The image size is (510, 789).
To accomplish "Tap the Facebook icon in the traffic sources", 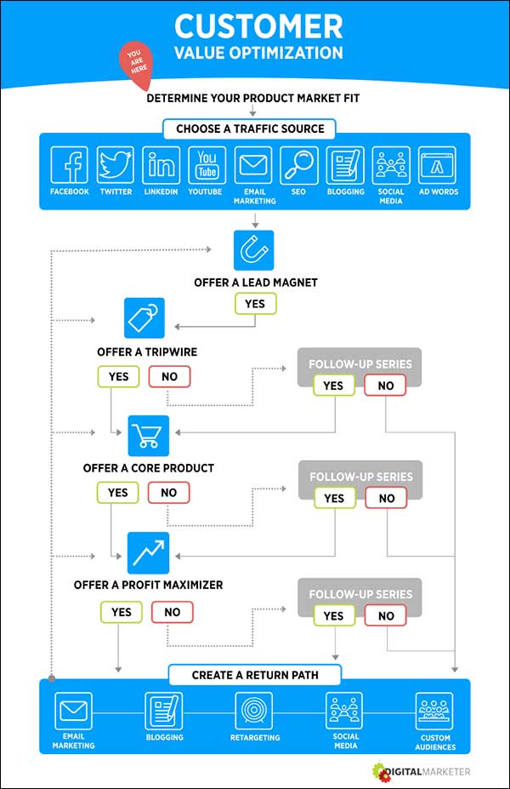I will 69,164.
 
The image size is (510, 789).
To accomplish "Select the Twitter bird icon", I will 116,164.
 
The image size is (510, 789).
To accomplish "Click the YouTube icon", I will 206,164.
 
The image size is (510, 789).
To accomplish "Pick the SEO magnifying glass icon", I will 298,164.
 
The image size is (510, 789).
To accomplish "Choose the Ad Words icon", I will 437,164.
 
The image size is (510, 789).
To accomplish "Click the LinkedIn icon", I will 161,164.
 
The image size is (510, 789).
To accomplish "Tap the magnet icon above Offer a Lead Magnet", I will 254,250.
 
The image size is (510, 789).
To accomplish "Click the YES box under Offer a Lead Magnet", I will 255,303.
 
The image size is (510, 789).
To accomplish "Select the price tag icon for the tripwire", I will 144,318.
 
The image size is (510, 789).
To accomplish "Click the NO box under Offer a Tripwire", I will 169,376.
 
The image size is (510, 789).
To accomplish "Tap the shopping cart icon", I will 149,436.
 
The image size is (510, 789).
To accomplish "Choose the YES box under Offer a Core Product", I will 118,492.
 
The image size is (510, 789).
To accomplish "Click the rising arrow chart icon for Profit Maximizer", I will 149,552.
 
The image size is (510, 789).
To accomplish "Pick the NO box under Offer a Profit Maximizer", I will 173,611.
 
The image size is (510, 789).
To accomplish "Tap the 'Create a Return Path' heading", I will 255,675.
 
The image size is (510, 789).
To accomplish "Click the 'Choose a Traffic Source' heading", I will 250,129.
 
